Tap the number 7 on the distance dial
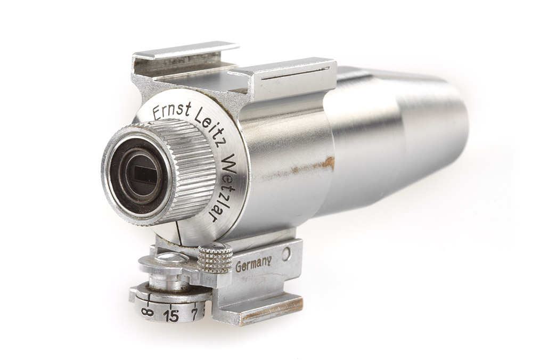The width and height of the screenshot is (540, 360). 195,314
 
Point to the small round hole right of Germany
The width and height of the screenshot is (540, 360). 287,255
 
